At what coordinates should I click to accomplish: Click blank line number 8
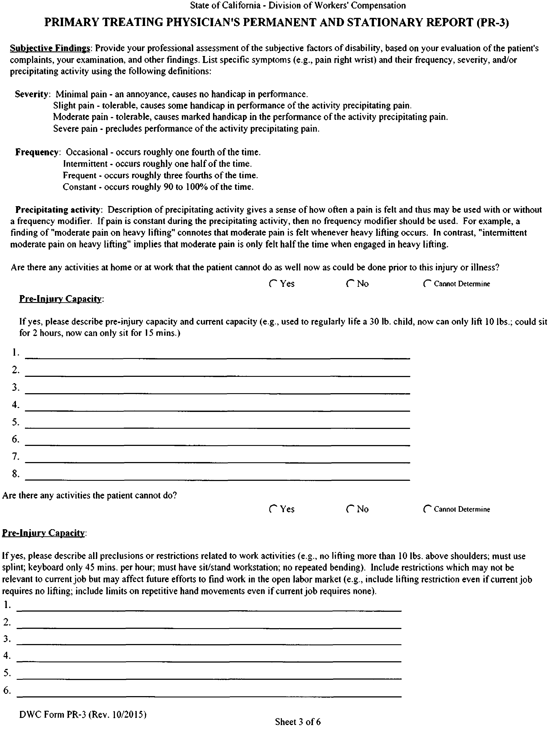click(217, 476)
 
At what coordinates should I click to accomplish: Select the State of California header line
click(297, 6)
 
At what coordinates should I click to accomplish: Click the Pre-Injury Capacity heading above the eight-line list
click(61, 299)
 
